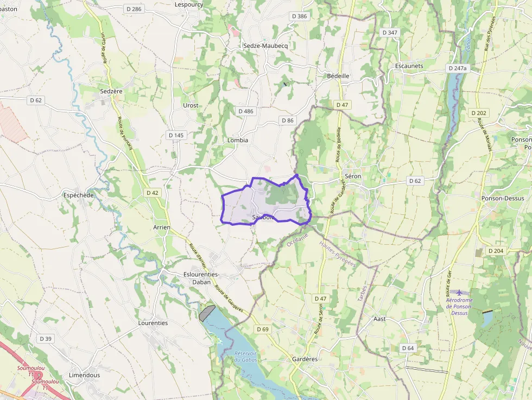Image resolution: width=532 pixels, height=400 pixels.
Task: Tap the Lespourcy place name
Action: click(x=188, y=4)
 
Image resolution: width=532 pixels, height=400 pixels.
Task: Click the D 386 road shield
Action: click(x=299, y=16)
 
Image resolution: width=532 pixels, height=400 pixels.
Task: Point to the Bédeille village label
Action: click(x=338, y=76)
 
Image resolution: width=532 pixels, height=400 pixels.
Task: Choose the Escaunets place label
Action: click(x=409, y=66)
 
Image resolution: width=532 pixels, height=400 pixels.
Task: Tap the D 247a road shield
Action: click(x=458, y=69)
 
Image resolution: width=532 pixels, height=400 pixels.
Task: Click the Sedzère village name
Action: click(x=111, y=91)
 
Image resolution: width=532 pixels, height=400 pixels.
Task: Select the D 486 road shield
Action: click(x=245, y=111)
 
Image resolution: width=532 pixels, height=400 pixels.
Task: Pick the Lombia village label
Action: click(x=238, y=140)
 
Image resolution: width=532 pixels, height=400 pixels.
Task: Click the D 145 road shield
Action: click(x=176, y=135)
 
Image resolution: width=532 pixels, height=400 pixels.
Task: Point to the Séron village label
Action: click(x=352, y=176)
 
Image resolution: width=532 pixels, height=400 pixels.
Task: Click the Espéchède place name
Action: click(x=79, y=195)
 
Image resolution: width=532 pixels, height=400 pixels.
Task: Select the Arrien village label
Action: click(x=162, y=227)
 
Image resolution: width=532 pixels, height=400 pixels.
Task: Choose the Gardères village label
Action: click(x=304, y=359)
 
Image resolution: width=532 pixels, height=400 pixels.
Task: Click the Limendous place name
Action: click(x=85, y=375)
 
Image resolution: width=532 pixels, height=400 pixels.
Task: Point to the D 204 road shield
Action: click(x=496, y=251)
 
